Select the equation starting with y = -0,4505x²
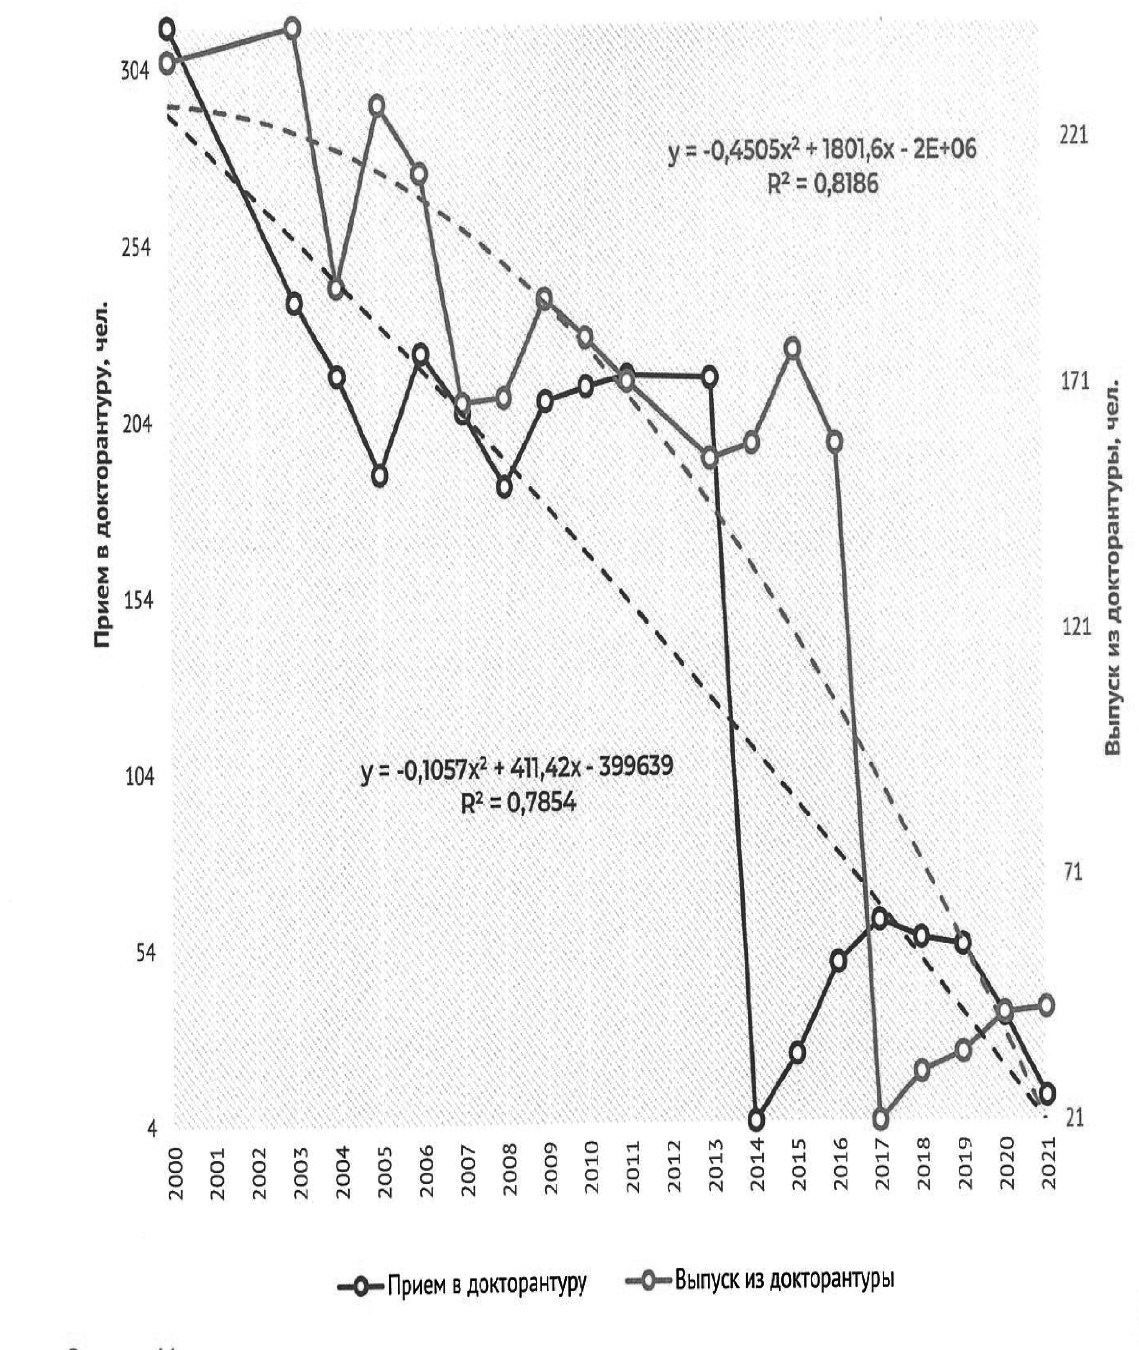coord(822,150)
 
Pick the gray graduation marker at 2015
coord(794,348)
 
